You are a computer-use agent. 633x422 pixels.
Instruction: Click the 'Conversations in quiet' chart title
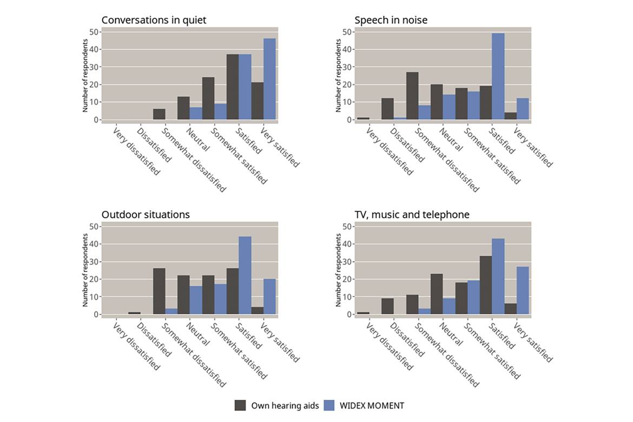point(154,20)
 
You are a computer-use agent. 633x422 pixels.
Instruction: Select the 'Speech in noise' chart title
point(391,20)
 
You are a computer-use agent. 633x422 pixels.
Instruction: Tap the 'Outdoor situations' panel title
point(146,215)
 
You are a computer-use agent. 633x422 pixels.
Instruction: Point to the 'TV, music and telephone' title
point(412,215)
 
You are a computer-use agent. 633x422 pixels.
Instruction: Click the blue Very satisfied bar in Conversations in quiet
point(269,79)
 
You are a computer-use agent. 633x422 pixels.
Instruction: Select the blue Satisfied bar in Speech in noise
point(498,76)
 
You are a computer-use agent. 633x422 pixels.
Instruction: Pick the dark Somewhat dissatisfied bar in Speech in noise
point(412,96)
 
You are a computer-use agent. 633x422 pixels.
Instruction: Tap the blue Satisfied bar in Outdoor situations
point(245,275)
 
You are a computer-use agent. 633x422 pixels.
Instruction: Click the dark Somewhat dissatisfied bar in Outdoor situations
point(159,291)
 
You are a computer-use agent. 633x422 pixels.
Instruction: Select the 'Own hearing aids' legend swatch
point(241,405)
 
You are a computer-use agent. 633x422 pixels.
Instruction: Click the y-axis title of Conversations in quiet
point(85,76)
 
